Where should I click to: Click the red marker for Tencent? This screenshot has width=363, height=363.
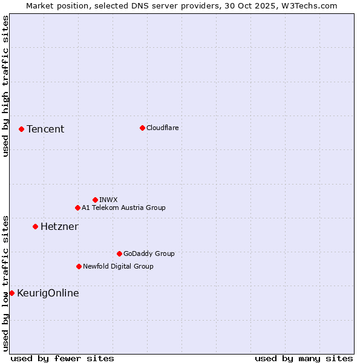coord(21,129)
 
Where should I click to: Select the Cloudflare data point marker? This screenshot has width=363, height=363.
coord(142,128)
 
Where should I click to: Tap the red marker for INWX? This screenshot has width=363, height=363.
coord(95,200)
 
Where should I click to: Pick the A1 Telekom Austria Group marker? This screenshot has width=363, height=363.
coord(77,208)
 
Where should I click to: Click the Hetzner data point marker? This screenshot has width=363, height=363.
coord(35,226)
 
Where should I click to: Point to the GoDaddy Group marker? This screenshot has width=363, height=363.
coord(119,253)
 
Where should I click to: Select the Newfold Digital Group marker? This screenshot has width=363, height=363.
coord(79,266)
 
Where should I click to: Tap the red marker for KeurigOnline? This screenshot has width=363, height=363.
coord(11,293)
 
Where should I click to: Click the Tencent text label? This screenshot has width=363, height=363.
coord(45,129)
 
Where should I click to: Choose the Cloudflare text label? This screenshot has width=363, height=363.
coord(163,128)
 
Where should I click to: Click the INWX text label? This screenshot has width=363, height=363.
coord(108,200)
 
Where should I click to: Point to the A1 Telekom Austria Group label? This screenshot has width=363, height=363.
coord(123,208)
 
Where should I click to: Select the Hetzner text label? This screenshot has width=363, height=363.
coord(59,226)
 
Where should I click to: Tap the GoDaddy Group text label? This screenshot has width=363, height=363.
coord(149,253)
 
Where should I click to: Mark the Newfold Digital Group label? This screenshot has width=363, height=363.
coord(118,266)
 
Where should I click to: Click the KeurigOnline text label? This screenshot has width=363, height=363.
coord(48,293)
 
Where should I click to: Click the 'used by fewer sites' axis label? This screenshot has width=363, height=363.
coord(62,358)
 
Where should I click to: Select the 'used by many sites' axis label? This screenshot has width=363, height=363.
coord(304,358)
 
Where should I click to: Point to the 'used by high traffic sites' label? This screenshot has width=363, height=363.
coord(5,87)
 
